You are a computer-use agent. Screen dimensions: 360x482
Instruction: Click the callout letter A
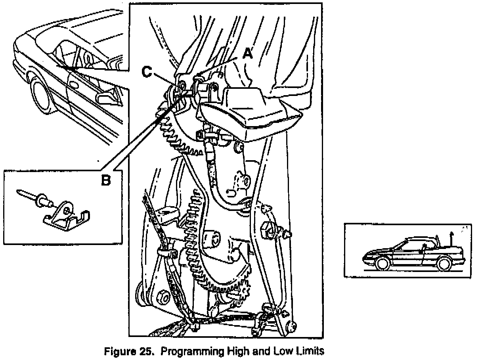pos(247,53)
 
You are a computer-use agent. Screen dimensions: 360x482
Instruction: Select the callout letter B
pos(105,180)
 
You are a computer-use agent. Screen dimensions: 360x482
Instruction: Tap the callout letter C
pos(147,72)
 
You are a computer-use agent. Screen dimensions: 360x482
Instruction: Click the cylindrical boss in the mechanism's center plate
pos(212,239)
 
